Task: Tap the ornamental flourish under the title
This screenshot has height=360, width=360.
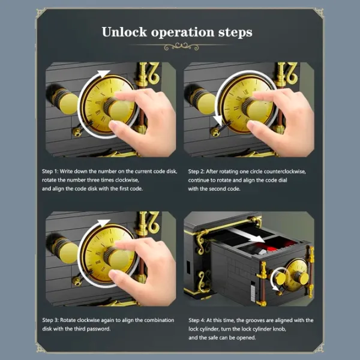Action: click(180, 46)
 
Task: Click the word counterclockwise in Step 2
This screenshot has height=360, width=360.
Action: click(286, 171)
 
